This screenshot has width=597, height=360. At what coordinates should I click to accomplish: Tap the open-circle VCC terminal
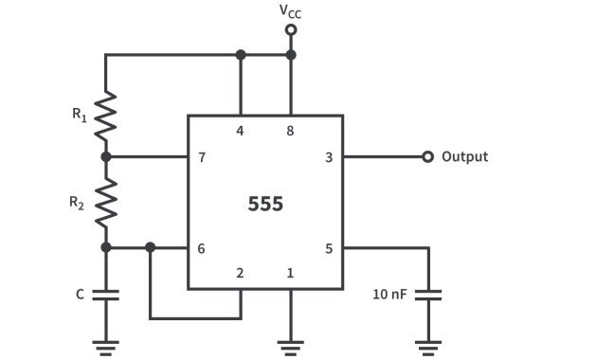tap(291, 29)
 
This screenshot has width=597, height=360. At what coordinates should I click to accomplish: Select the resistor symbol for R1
tap(105, 115)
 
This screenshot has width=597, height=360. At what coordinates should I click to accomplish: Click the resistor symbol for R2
tap(105, 202)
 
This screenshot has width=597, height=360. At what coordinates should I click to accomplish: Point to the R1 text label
tap(80, 115)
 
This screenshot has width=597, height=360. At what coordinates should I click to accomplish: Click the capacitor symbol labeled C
tap(105, 295)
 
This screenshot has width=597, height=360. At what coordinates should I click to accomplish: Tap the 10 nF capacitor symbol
tap(429, 295)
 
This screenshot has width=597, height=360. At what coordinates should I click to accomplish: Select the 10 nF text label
tap(389, 295)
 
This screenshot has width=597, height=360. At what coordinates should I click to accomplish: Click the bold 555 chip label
tap(265, 204)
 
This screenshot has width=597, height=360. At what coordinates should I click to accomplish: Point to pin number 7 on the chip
tap(202, 157)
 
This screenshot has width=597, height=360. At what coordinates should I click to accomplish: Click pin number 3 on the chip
tap(329, 157)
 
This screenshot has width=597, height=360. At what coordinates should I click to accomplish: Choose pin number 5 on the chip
tap(329, 248)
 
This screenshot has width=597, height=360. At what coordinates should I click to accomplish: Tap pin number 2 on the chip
tap(240, 273)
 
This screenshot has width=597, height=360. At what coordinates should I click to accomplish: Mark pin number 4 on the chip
tap(240, 131)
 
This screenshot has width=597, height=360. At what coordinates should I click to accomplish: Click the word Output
tap(464, 157)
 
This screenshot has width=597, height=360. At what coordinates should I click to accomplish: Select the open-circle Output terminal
tap(428, 157)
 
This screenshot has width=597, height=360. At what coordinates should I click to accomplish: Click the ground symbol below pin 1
tap(291, 346)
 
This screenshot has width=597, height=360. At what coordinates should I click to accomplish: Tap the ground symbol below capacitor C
tap(105, 346)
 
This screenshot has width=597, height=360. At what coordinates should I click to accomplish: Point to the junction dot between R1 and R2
tap(105, 157)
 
